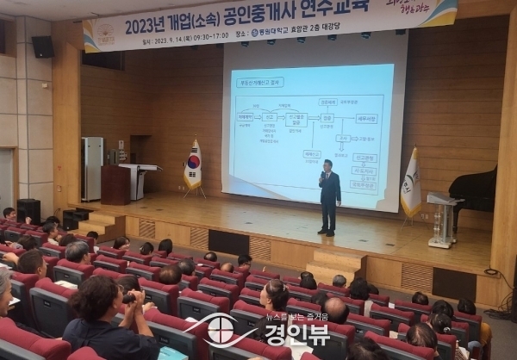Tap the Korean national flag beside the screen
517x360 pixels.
click(x=193, y=166)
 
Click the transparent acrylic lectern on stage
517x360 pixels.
click(x=443, y=219)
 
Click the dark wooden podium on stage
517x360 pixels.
click(x=115, y=184)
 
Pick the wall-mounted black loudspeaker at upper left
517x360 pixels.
click(x=42, y=47)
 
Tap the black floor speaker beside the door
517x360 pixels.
click(x=28, y=210)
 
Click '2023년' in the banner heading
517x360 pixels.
click(x=146, y=26)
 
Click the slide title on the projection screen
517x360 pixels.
click(x=258, y=82)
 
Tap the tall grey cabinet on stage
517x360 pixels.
click(x=91, y=169)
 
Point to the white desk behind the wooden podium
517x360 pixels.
click(x=141, y=180)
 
